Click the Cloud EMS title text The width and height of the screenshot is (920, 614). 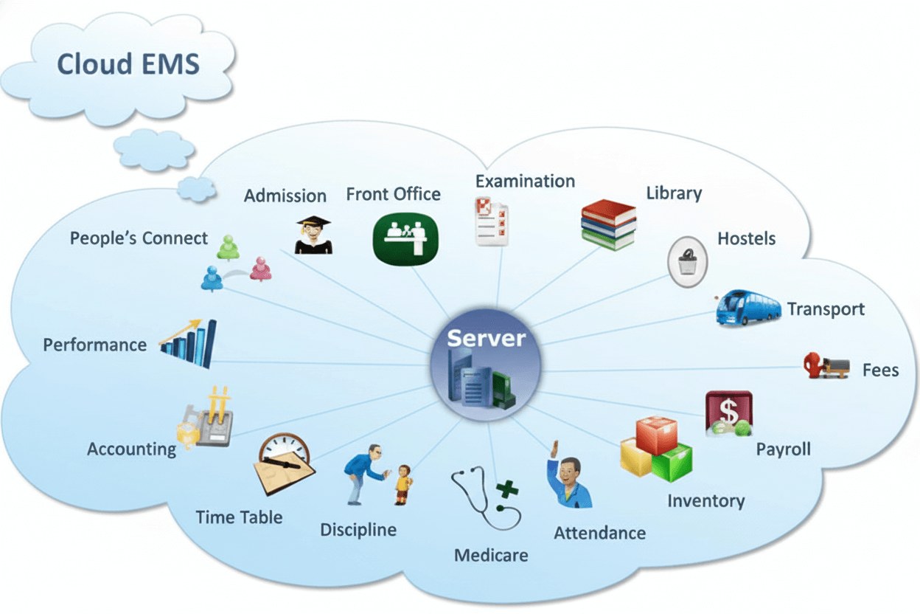[x=128, y=63]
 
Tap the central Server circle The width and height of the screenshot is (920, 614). [x=486, y=365]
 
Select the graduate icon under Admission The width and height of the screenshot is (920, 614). [x=313, y=235]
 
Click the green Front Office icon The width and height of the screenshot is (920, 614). [x=405, y=238]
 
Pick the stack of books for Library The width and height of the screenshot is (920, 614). [x=608, y=224]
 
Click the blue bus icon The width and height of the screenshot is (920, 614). [x=747, y=307]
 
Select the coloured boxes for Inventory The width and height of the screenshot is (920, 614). [x=656, y=448]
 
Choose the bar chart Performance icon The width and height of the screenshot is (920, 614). [x=189, y=343]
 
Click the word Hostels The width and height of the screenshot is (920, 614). [x=746, y=239]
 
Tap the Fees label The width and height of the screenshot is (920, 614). [x=880, y=369]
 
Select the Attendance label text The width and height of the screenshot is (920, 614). [x=599, y=533]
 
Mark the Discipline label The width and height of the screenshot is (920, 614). [x=358, y=529]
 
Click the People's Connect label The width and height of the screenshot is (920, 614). [x=139, y=238]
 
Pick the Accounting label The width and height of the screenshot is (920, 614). [x=131, y=449]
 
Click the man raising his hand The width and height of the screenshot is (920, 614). [x=568, y=480]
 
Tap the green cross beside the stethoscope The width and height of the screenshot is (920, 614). [x=506, y=489]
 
